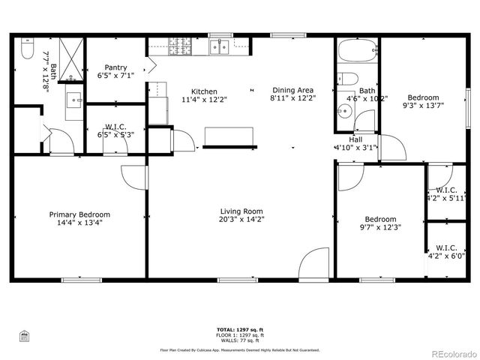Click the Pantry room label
pos(115,67)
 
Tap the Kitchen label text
pos(204,90)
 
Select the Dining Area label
pos(292,90)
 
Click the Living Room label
pos(241,211)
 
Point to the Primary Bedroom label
pos(74,214)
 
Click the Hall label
pos(355,139)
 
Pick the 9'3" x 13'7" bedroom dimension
pos(423,106)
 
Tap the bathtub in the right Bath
pos(356,52)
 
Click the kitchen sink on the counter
pos(220,47)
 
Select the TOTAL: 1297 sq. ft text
pos(240,329)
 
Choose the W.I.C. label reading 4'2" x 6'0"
pos(446,251)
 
